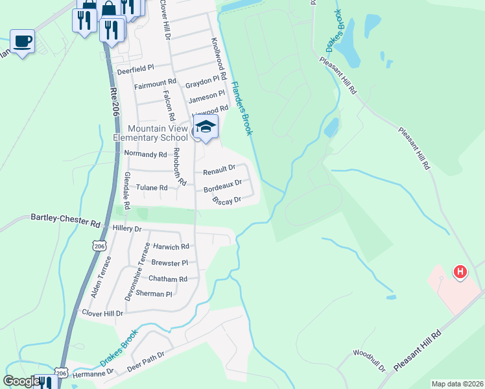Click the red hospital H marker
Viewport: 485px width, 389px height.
(460, 272)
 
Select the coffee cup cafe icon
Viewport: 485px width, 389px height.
(23, 41)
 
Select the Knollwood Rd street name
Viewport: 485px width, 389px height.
(219, 58)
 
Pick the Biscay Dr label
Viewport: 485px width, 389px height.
(227, 200)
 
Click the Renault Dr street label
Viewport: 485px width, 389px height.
(219, 171)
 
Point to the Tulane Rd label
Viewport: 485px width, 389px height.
(151, 188)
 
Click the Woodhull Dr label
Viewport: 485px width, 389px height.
(369, 360)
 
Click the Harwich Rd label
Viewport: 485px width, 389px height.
(171, 246)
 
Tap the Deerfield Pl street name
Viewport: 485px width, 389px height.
(135, 68)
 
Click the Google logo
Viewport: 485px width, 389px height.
(21, 381)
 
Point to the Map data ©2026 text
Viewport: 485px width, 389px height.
(456, 384)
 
